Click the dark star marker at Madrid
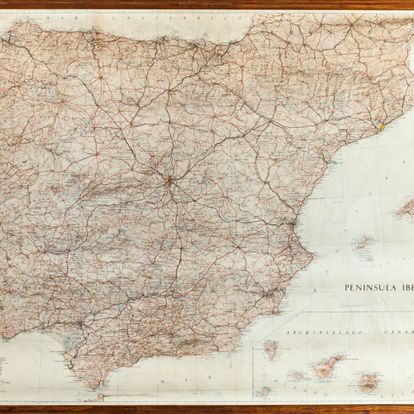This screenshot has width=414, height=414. click(x=170, y=181)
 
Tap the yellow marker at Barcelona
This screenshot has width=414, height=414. click(x=382, y=127)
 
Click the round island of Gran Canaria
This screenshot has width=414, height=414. click(x=368, y=383)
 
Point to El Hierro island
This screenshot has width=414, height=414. click(x=263, y=391)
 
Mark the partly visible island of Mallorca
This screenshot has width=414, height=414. click(x=405, y=207)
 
